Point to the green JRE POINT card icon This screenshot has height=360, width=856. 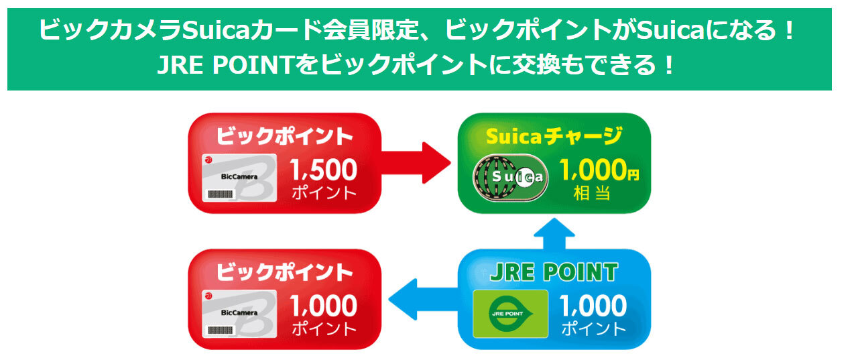point(511,314)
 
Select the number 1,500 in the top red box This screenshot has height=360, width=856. point(324,170)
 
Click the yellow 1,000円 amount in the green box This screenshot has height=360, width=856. point(599,172)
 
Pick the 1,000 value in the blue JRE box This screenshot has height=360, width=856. point(593,307)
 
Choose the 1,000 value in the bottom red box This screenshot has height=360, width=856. point(324,307)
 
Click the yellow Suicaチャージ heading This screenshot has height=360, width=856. point(553,137)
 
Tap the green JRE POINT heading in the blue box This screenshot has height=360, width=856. point(554,272)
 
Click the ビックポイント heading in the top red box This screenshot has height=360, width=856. point(284,136)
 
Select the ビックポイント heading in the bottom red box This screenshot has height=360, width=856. point(284,272)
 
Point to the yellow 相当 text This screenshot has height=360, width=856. point(592,194)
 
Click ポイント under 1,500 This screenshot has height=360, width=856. point(324,194)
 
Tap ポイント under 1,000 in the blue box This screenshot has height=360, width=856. point(593,329)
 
